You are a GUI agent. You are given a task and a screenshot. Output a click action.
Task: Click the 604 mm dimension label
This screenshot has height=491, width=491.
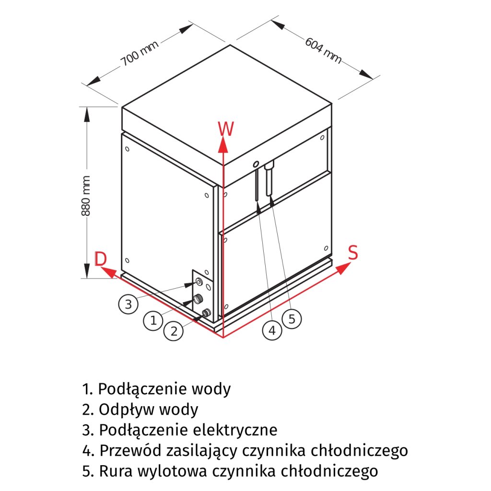click(323, 50)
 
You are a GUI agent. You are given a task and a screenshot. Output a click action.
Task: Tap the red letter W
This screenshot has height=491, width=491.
click(226, 129)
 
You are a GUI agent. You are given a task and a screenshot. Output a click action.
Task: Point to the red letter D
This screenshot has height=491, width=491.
click(100, 259)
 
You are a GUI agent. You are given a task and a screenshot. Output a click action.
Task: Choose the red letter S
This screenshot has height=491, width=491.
click(353, 252)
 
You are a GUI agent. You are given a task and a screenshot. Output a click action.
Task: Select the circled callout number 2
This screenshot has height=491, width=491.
click(174, 331)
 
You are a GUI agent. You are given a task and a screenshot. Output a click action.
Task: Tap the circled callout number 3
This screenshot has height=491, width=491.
click(128, 304)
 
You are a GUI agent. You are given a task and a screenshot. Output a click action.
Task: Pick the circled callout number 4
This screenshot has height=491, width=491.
click(272, 330)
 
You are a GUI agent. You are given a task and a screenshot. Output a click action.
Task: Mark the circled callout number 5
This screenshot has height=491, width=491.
click(292, 318)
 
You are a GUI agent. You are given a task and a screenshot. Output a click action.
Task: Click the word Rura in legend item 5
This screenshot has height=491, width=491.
click(115, 471)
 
